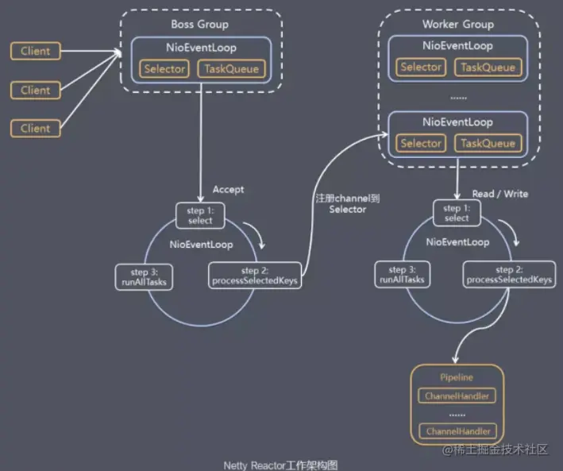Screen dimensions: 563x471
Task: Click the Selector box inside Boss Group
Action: pyautogui.click(x=164, y=68)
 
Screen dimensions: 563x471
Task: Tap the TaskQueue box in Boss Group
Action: pyautogui.click(x=232, y=68)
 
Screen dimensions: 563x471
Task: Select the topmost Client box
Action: pyautogui.click(x=36, y=51)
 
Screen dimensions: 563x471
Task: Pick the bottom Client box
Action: pyautogui.click(x=36, y=128)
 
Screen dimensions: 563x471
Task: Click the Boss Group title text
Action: pyautogui.click(x=199, y=25)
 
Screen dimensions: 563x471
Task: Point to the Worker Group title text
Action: pyautogui.click(x=458, y=25)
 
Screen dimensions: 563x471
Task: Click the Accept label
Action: pyautogui.click(x=228, y=189)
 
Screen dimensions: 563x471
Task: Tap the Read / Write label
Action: pyautogui.click(x=500, y=194)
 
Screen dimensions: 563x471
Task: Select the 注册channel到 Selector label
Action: pyautogui.click(x=348, y=203)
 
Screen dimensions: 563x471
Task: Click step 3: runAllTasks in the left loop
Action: pyautogui.click(x=144, y=277)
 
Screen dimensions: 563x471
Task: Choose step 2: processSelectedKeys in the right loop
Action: pyautogui.click(x=509, y=275)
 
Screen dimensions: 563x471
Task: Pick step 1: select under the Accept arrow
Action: pyautogui.click(x=200, y=215)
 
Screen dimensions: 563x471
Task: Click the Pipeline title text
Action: pyautogui.click(x=457, y=377)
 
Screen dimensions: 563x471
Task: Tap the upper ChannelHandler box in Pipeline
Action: pyautogui.click(x=457, y=396)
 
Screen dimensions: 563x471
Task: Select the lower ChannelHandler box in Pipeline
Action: pyautogui.click(x=458, y=431)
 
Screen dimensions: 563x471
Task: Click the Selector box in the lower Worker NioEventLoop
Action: pyautogui.click(x=421, y=143)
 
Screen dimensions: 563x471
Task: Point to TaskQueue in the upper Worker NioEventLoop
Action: pyautogui.click(x=488, y=68)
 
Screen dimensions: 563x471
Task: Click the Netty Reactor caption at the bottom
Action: pyautogui.click(x=280, y=465)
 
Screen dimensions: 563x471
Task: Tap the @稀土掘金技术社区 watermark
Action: pyautogui.click(x=496, y=450)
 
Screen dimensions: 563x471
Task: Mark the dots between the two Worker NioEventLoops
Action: pyautogui.click(x=458, y=98)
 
